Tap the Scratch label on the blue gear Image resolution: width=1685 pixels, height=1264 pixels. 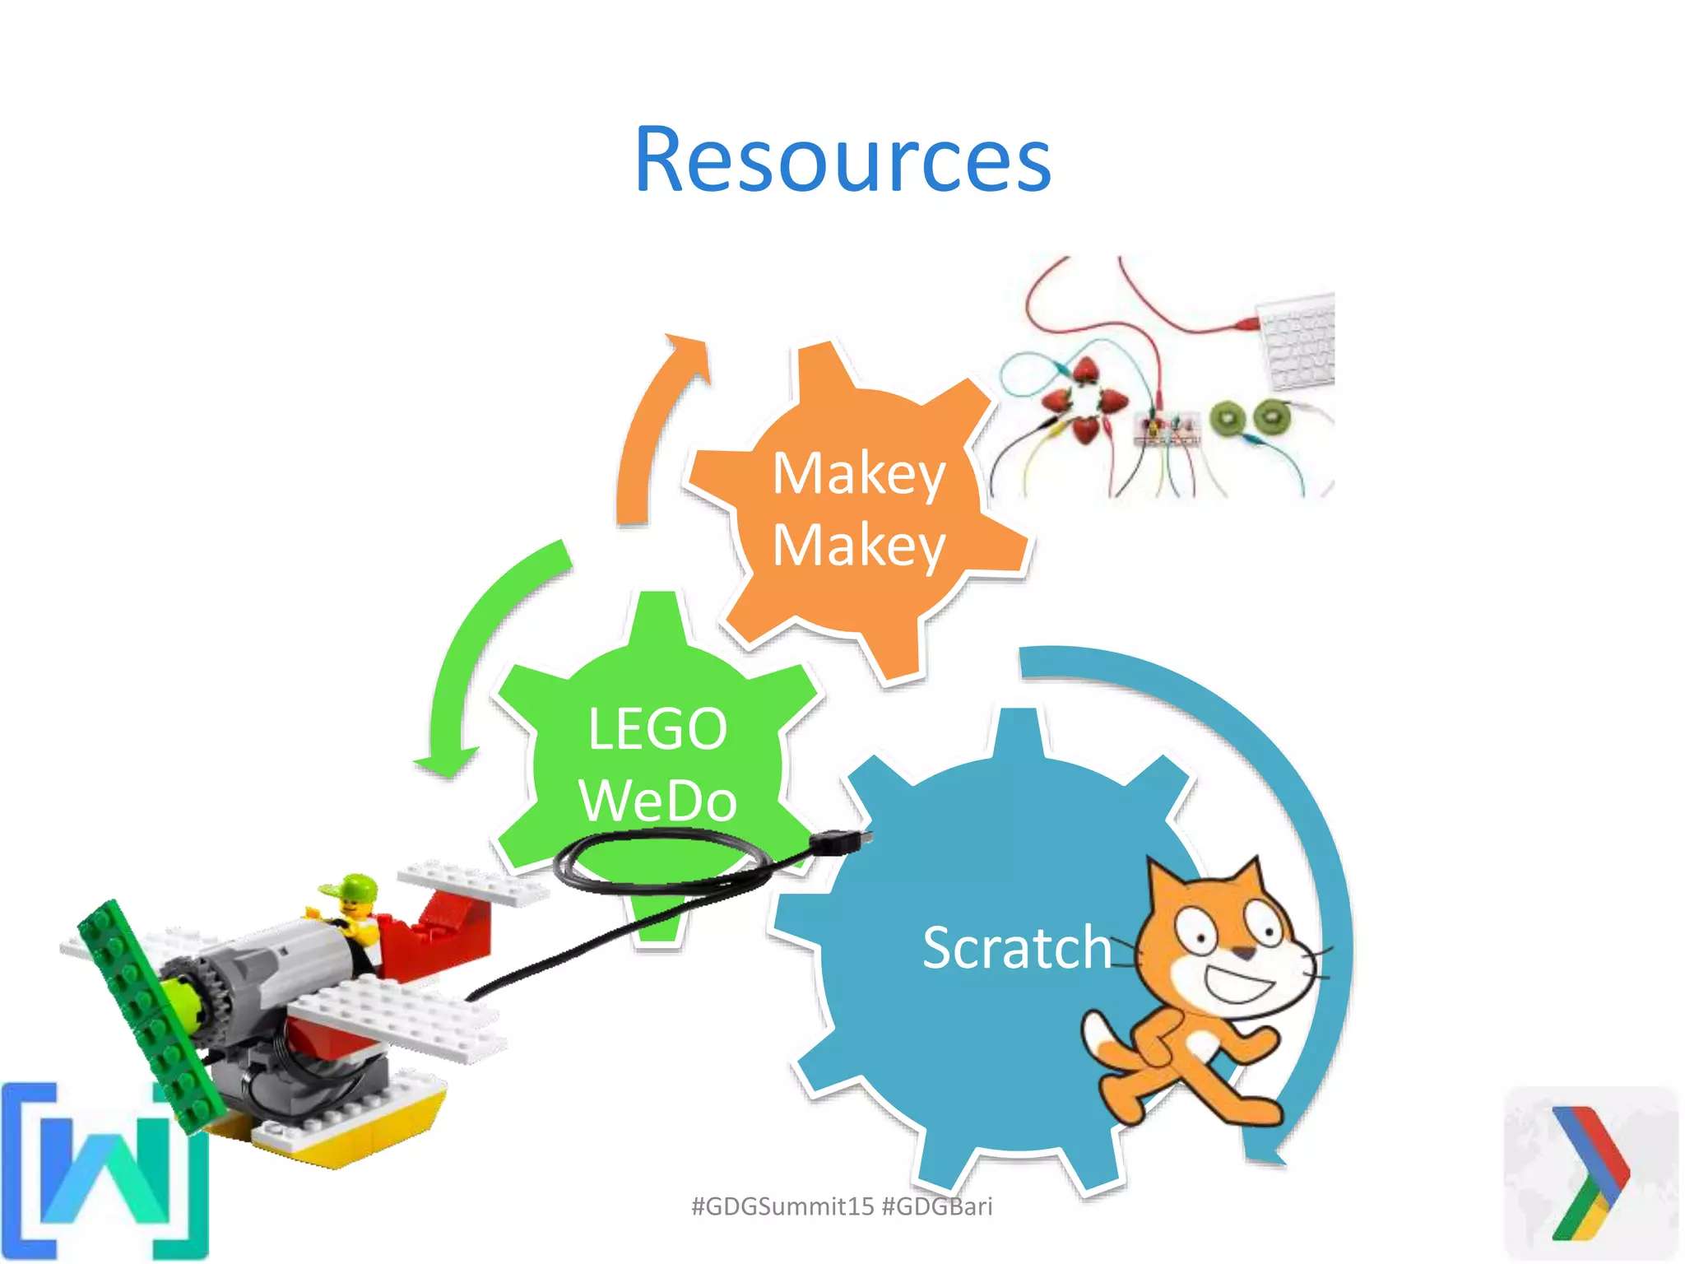(1016, 948)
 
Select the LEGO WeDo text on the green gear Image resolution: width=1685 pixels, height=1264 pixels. (657, 764)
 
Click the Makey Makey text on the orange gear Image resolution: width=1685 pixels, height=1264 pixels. (859, 509)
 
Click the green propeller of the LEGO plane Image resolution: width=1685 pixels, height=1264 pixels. (148, 1012)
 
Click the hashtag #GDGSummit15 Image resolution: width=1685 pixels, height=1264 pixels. (782, 1206)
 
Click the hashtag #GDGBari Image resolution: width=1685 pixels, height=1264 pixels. (937, 1206)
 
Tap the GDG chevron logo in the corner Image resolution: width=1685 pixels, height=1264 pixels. (1590, 1173)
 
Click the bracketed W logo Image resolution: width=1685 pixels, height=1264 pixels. (103, 1173)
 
